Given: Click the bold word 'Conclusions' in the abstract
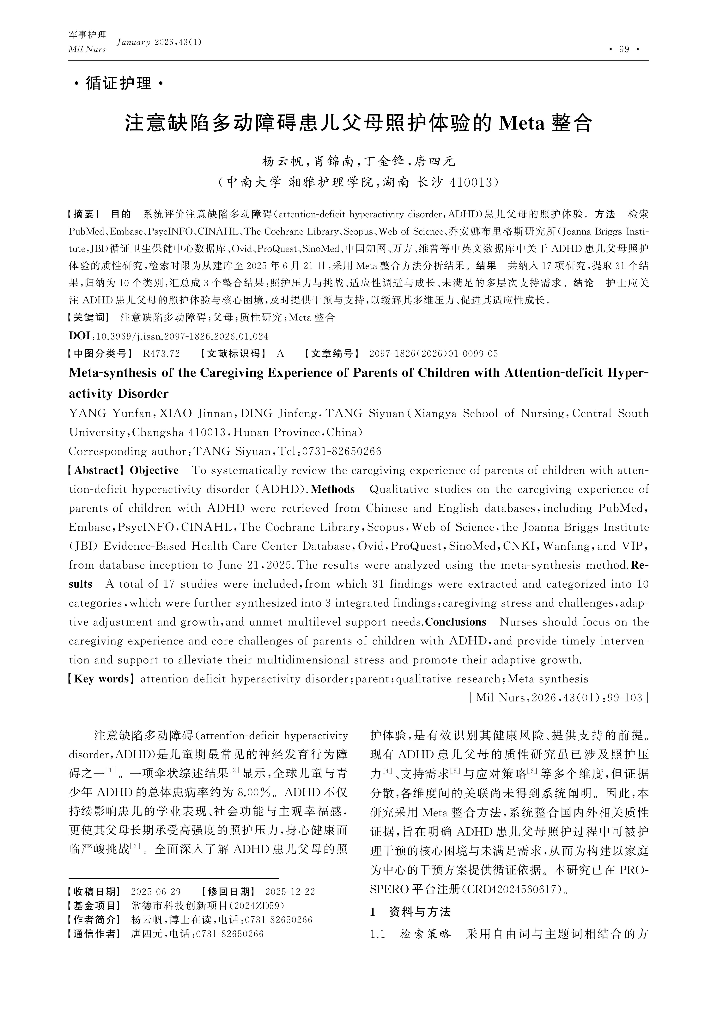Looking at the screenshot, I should point(455,622).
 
